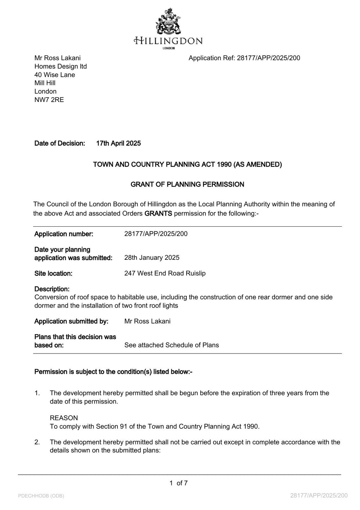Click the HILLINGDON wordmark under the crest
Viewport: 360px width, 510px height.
(x=168, y=41)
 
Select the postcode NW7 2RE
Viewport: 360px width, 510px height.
(x=49, y=100)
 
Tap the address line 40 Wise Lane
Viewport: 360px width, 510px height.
(x=55, y=75)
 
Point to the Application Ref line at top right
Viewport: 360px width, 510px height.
(x=244, y=58)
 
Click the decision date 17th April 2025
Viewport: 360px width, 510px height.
(x=119, y=143)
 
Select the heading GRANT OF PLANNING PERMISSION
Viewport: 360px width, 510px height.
(x=187, y=185)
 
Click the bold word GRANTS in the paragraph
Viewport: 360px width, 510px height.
(x=158, y=214)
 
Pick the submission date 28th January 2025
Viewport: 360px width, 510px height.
(x=152, y=258)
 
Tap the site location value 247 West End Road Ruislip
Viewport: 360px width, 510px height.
(x=165, y=273)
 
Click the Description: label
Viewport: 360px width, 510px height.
(x=52, y=289)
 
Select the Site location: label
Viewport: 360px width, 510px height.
(x=53, y=273)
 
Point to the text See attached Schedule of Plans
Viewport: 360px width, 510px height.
(x=171, y=345)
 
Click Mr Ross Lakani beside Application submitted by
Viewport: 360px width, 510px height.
(x=147, y=321)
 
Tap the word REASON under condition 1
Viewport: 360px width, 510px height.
(x=64, y=418)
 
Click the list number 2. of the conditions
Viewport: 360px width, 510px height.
(x=37, y=442)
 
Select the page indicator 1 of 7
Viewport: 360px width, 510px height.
(x=178, y=483)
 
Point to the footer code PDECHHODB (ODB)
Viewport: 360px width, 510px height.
(x=41, y=496)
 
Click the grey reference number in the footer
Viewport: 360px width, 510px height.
(x=319, y=495)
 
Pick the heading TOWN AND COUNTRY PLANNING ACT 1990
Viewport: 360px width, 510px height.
(x=187, y=165)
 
